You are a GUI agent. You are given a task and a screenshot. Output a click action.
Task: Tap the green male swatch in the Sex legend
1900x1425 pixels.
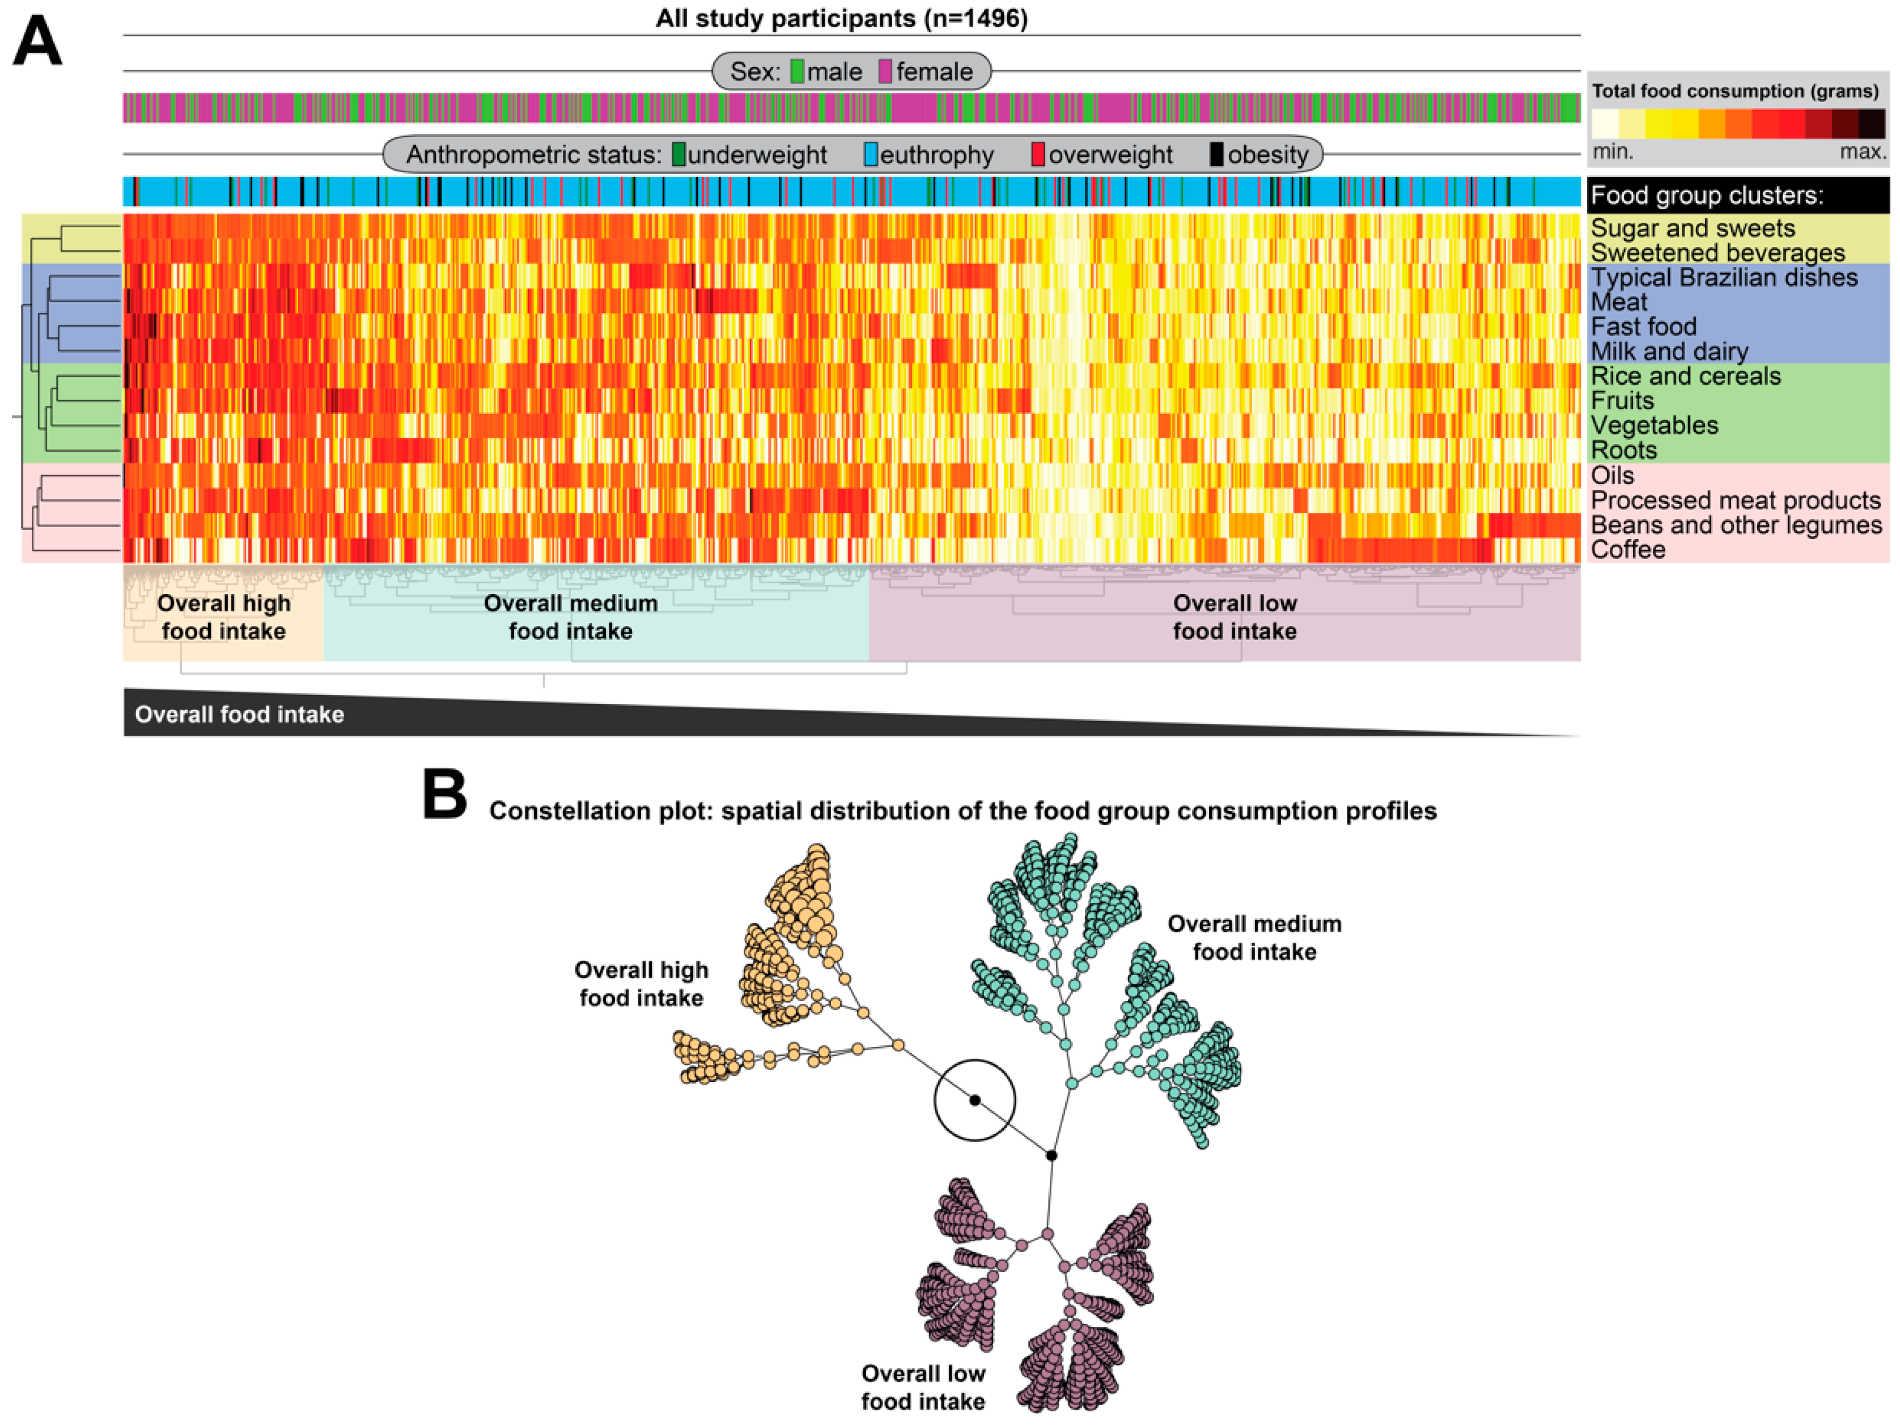[797, 71]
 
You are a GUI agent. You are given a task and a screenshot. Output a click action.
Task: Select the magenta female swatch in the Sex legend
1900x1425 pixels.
[885, 71]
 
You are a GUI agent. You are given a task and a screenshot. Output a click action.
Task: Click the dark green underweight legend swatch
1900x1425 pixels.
[678, 155]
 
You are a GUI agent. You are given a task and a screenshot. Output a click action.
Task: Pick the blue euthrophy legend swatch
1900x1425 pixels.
[871, 155]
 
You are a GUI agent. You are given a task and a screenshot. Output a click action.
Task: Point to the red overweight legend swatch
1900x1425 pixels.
[1038, 155]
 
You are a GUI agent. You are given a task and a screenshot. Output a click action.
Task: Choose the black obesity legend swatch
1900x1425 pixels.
[1216, 155]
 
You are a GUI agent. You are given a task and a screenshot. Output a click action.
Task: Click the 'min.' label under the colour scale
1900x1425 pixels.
[1613, 152]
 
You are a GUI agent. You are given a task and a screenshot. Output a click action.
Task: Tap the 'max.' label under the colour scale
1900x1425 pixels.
[1862, 152]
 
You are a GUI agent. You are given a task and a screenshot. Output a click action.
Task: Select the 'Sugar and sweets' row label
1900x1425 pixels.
[1692, 228]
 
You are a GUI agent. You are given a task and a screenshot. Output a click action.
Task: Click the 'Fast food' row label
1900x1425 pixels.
[1643, 326]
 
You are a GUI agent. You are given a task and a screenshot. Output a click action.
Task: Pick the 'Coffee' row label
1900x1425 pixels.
[1628, 550]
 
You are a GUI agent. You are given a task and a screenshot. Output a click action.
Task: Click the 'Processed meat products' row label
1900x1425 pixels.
[1735, 500]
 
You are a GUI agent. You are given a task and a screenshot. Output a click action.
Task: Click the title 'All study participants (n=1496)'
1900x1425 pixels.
[841, 18]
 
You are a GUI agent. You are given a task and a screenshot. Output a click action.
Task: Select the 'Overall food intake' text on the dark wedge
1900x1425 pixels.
[240, 715]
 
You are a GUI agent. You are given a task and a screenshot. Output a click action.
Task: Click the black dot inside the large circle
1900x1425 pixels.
[975, 1100]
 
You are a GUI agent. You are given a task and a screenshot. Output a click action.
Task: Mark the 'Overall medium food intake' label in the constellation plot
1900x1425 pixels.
[1254, 938]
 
